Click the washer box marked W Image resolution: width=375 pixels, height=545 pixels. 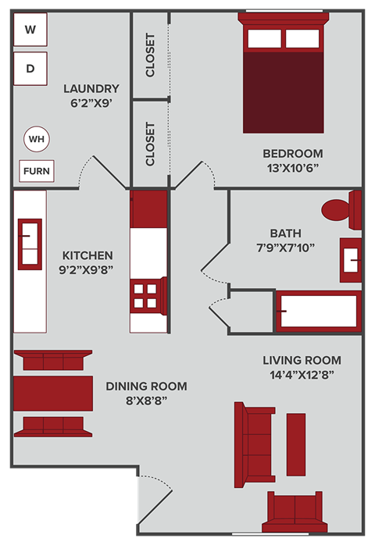pyautogui.click(x=30, y=30)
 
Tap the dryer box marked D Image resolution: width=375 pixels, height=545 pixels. pyautogui.click(x=30, y=68)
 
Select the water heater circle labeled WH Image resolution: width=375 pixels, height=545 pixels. pyautogui.click(x=36, y=140)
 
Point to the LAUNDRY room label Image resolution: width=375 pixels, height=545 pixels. pyautogui.click(x=91, y=88)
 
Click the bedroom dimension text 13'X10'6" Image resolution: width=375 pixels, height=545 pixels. pyautogui.click(x=292, y=168)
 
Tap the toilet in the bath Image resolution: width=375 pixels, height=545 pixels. pyautogui.click(x=342, y=210)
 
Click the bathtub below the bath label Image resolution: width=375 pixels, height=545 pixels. pyautogui.click(x=319, y=312)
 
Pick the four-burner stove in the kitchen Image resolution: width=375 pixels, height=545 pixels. pyautogui.click(x=148, y=295)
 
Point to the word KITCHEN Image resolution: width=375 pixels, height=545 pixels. pyautogui.click(x=87, y=255)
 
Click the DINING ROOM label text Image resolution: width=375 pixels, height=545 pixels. pyautogui.click(x=146, y=386)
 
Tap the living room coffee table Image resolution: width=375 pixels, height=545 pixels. pyautogui.click(x=296, y=439)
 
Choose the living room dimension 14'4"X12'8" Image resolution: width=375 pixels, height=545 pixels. pyautogui.click(x=302, y=375)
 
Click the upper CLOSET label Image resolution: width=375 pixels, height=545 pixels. pyautogui.click(x=150, y=55)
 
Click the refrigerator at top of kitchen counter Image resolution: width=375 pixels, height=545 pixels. pyautogui.click(x=148, y=208)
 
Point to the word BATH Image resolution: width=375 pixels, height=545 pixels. pyautogui.click(x=285, y=233)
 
